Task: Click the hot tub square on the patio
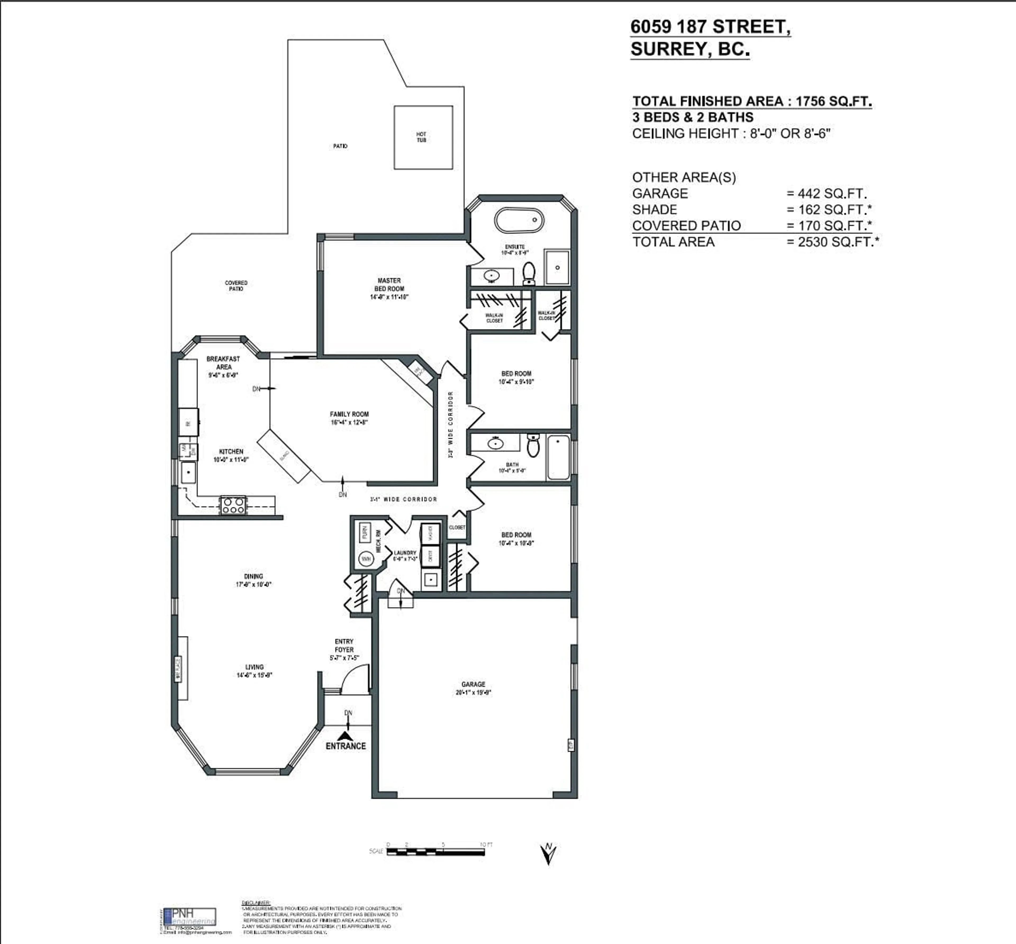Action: (423, 137)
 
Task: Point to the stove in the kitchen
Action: (233, 505)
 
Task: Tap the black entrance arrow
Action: (346, 736)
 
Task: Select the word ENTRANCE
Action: (346, 746)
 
